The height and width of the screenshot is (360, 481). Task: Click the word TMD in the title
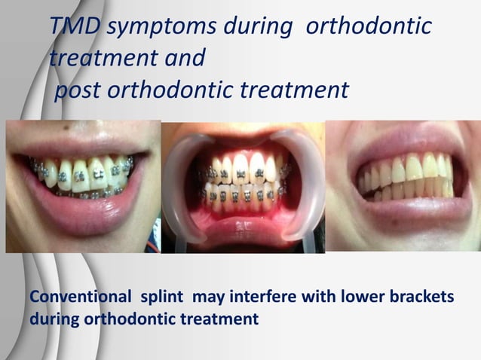(x=75, y=27)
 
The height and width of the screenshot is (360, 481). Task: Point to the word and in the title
(x=182, y=58)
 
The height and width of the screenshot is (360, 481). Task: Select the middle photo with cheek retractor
(x=243, y=188)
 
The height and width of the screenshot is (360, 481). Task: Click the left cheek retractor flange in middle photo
(x=182, y=181)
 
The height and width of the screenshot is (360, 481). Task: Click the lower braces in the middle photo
(x=241, y=197)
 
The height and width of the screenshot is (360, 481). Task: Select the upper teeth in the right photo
(x=407, y=169)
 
